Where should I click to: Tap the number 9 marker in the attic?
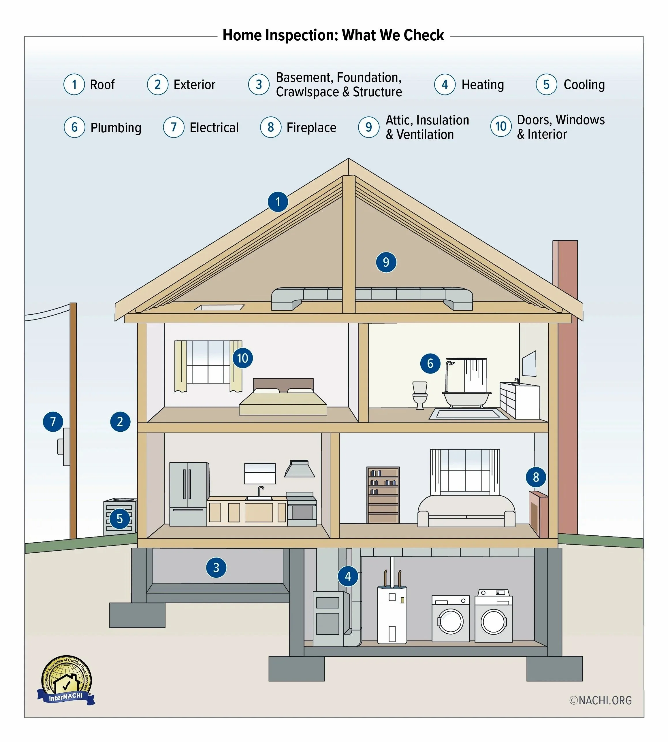point(386,262)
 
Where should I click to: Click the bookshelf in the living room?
point(383,495)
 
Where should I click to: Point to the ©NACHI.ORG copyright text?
point(601,700)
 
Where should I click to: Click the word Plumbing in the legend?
point(116,128)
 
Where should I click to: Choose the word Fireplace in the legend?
point(311,128)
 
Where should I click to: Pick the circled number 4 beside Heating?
point(445,84)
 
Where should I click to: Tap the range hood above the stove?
point(300,469)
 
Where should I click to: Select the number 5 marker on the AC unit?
point(119,519)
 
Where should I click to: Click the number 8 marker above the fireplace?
point(536,477)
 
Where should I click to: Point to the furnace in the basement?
point(328,618)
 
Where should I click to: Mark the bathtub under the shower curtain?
point(466,398)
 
